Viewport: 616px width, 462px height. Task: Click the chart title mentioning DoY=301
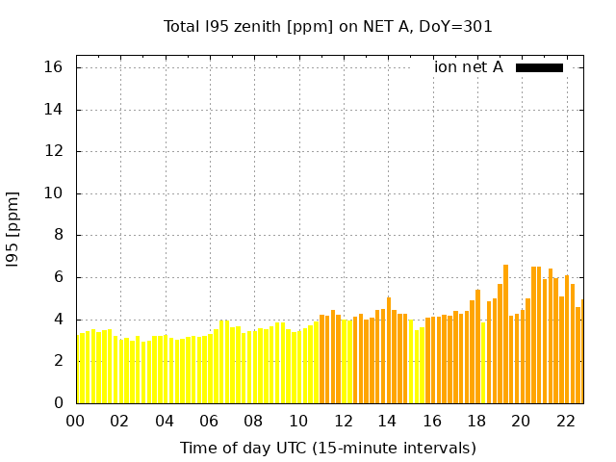(328, 26)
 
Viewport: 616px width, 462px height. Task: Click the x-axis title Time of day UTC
(328, 448)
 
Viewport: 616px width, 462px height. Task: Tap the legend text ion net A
(469, 67)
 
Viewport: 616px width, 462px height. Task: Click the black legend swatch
(539, 67)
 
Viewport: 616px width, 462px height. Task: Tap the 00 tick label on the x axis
(76, 421)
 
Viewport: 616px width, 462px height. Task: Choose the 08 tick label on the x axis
(254, 421)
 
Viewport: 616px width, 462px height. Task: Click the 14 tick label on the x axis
(387, 421)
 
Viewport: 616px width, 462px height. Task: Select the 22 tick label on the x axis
(565, 421)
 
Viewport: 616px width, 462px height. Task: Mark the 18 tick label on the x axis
(476, 421)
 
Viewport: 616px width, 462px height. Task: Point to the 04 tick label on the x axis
(165, 421)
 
